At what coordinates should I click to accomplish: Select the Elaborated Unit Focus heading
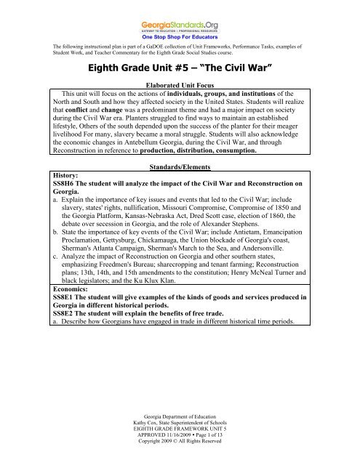pyautogui.click(x=180, y=105)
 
